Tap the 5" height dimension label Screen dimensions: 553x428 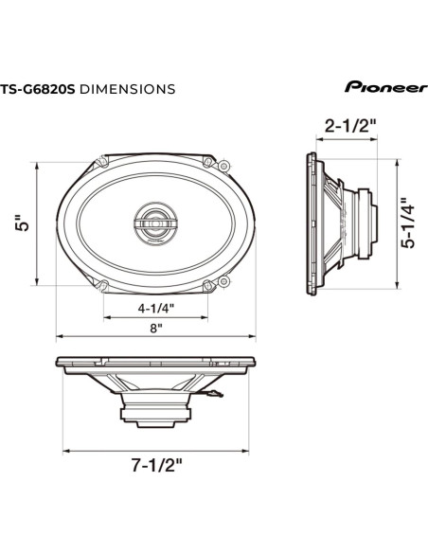click(x=25, y=223)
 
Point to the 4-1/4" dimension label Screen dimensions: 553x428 click(x=155, y=308)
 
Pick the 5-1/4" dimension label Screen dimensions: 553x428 click(x=404, y=223)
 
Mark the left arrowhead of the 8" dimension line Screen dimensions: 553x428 click(x=57, y=336)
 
